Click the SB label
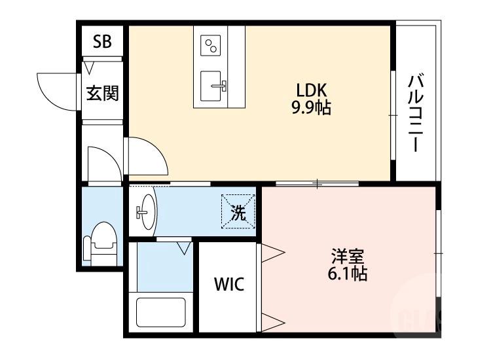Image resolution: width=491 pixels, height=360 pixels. tap(102, 42)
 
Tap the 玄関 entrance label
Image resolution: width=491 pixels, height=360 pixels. tap(103, 93)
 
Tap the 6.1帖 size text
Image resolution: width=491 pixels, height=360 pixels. tap(347, 274)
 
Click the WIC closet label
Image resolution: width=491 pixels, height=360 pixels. tap(229, 285)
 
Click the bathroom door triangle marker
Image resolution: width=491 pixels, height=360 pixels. tap(183, 247)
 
